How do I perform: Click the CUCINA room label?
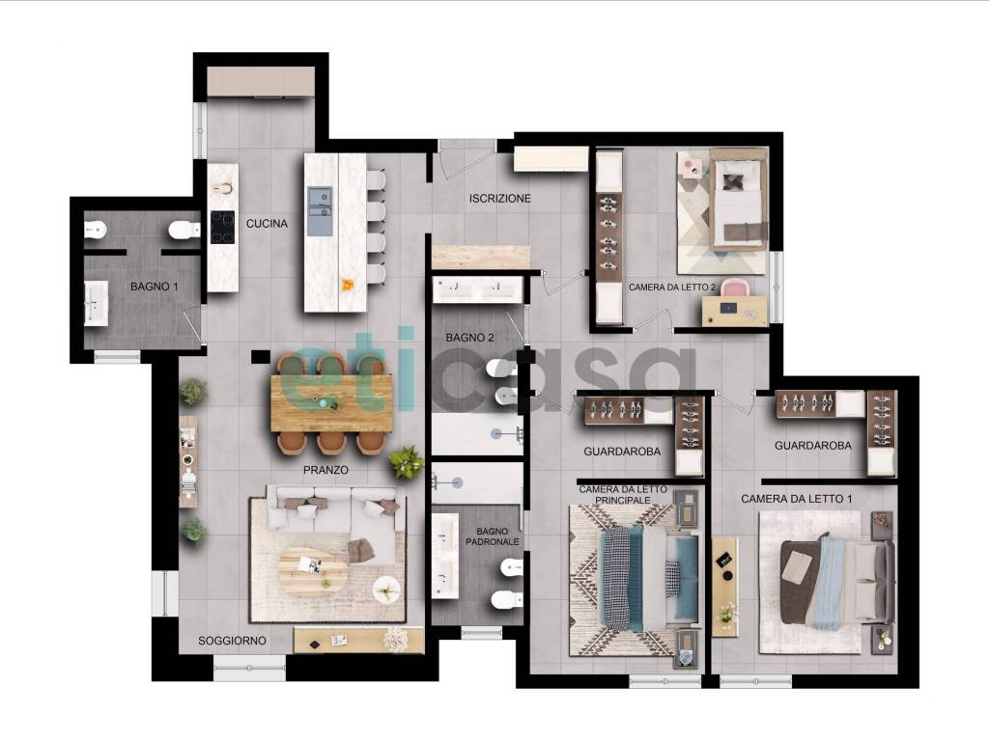[267, 224]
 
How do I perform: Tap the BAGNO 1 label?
[154, 287]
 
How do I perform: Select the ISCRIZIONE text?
[500, 199]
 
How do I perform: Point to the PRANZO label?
[325, 470]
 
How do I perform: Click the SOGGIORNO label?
[232, 641]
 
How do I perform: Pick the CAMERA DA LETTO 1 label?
[797, 499]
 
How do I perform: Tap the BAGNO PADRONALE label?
[493, 536]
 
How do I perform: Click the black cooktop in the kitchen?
[223, 228]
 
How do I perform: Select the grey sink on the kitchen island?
[320, 211]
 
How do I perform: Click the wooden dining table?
[332, 403]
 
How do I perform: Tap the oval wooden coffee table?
[314, 572]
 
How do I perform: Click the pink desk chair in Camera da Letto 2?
[736, 288]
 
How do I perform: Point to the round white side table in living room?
[386, 590]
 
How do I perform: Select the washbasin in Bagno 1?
[97, 303]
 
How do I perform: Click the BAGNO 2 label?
[470, 338]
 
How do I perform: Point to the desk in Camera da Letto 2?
[735, 312]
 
